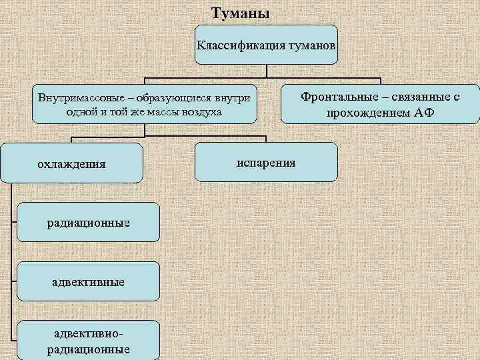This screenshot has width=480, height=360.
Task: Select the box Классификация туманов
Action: (266, 44)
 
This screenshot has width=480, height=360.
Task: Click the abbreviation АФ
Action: (424, 112)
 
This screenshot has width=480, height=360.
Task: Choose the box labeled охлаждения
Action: (71, 163)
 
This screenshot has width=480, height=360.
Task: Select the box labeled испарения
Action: (266, 162)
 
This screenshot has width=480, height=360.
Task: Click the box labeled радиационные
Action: (88, 222)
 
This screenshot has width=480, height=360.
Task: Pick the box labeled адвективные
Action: (88, 281)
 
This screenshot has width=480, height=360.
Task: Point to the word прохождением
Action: (367, 112)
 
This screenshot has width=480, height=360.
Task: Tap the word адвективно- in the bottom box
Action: (88, 333)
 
